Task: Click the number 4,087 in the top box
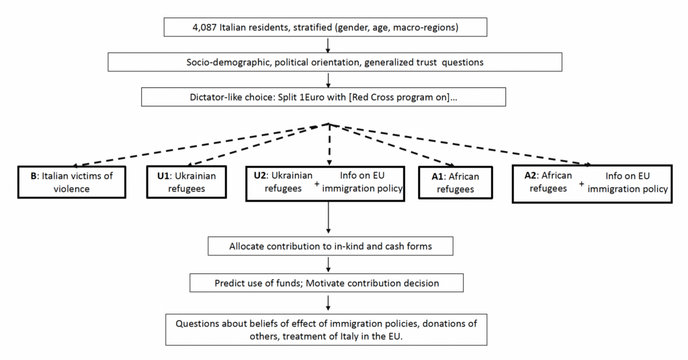click(x=204, y=28)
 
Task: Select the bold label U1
click(x=163, y=176)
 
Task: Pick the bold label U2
click(x=260, y=175)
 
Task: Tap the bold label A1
click(x=438, y=176)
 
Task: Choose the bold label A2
click(x=531, y=175)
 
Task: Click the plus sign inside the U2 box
click(x=317, y=184)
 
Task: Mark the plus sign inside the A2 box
click(x=581, y=184)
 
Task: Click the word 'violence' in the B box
click(x=71, y=189)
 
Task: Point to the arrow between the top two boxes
click(x=328, y=45)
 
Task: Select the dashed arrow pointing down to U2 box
click(x=329, y=144)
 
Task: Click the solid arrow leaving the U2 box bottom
click(x=328, y=218)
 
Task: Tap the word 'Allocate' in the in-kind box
click(x=247, y=246)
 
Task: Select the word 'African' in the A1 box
click(x=464, y=176)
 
